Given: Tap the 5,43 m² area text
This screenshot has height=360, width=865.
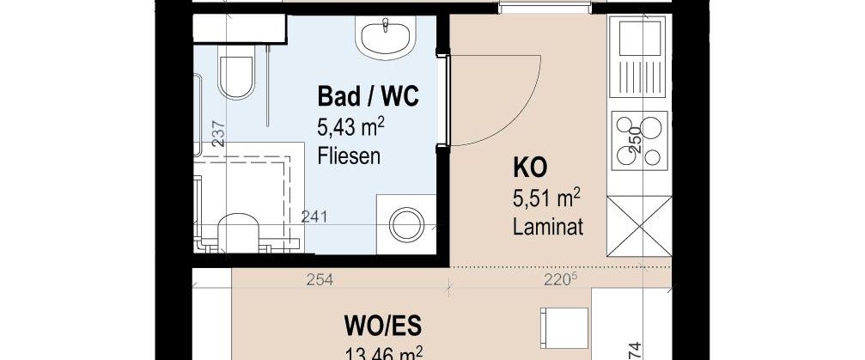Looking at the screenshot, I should pyautogui.click(x=350, y=128).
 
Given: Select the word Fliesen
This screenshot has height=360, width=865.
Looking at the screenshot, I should pyautogui.click(x=348, y=158).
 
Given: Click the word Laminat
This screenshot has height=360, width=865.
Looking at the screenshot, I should pyautogui.click(x=547, y=229).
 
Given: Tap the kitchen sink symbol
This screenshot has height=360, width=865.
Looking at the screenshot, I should pyautogui.click(x=637, y=55).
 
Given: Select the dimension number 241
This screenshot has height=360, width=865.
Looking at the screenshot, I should pyautogui.click(x=314, y=218).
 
